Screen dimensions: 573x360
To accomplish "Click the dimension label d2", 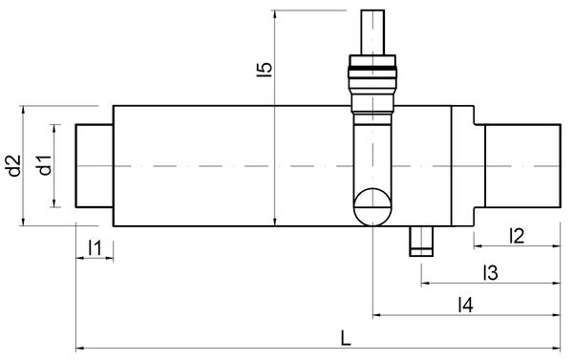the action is click(15, 165).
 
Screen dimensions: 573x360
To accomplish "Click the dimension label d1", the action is click(45, 165).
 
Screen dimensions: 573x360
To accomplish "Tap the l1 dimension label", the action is click(95, 247).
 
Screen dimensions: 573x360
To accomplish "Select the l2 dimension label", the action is click(517, 236).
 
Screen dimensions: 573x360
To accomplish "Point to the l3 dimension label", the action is click(490, 273).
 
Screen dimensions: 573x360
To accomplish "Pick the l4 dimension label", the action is click(466, 305).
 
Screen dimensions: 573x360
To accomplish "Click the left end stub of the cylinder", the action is click(95, 166).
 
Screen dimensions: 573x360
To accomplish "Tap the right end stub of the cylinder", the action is click(522, 166).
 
